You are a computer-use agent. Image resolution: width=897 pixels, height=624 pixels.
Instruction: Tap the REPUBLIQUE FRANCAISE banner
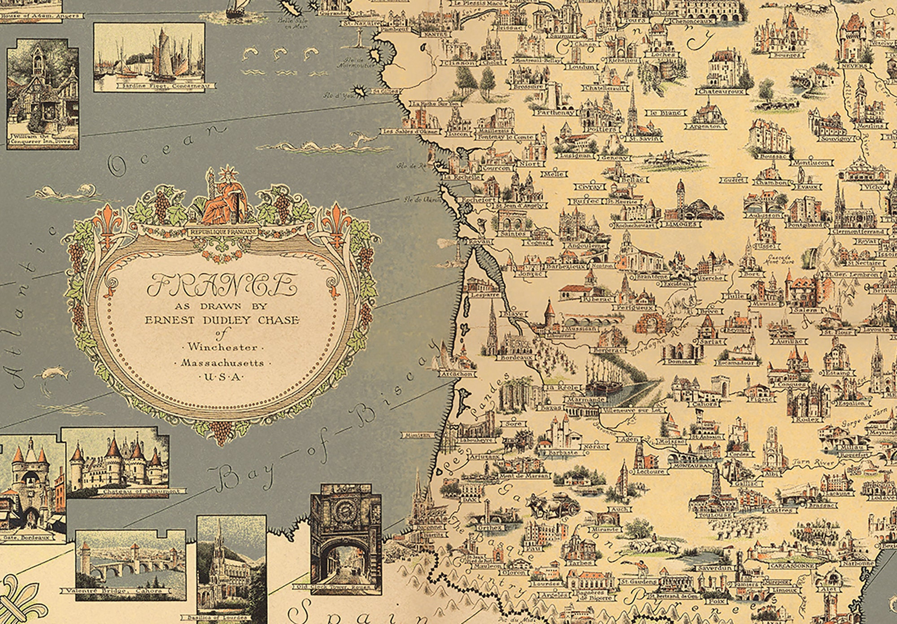click(223, 231)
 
